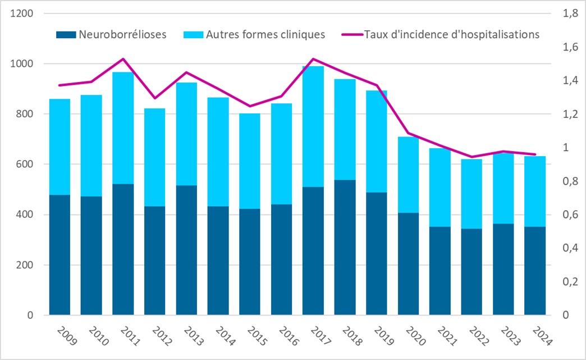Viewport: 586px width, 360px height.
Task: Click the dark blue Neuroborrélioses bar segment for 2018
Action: point(345,247)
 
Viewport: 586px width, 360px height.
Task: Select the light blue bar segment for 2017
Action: point(313,126)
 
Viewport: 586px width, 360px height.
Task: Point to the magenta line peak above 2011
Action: point(123,59)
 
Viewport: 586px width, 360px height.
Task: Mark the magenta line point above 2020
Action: point(408,134)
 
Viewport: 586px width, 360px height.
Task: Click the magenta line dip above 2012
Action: point(155,98)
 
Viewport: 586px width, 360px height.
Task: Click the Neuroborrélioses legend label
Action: point(122,34)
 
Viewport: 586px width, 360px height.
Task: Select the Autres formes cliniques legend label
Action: point(265,34)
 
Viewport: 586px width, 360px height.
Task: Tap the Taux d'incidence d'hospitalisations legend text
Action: point(452,34)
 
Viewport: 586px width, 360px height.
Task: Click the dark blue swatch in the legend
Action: point(66,35)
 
